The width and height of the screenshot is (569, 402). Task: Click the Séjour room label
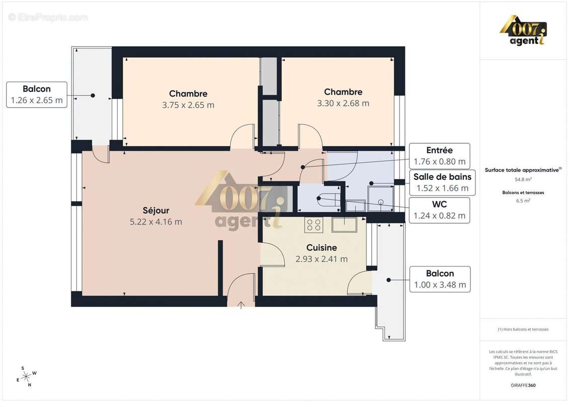[x=155, y=211]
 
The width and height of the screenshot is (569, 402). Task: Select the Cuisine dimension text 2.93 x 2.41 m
[x=321, y=259]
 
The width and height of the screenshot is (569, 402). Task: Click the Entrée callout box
[x=439, y=156]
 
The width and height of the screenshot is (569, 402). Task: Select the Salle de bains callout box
[x=442, y=182]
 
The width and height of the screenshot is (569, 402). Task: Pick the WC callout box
[x=439, y=210]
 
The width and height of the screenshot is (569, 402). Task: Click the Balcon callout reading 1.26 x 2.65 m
[x=37, y=94]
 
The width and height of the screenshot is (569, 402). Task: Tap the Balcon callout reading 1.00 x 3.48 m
[x=440, y=279]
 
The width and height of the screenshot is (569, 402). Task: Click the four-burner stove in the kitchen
[x=314, y=225]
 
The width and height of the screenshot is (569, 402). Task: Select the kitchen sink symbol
[x=344, y=224]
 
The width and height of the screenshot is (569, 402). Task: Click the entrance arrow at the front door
[x=241, y=305]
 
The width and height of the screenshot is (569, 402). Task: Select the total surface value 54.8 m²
[x=523, y=179]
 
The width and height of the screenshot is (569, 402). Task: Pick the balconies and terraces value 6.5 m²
[x=523, y=200]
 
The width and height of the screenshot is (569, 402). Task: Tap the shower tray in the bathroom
[x=380, y=202]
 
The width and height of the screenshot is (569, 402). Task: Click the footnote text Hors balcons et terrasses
[x=523, y=329]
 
